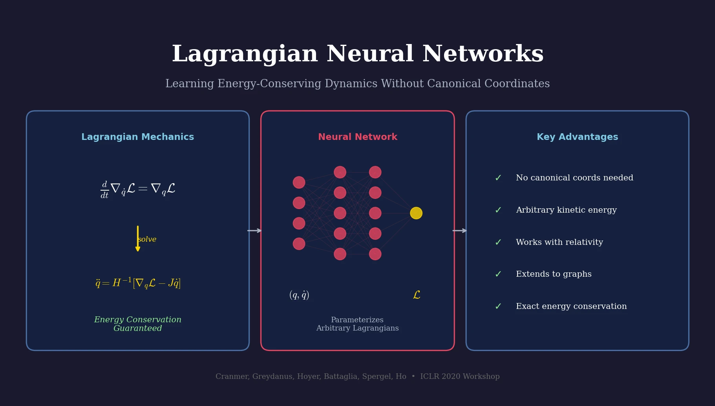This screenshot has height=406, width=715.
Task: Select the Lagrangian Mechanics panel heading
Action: coord(137,137)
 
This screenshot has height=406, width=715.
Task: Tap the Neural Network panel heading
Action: coord(357,137)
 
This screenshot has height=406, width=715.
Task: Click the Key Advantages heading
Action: coord(577,137)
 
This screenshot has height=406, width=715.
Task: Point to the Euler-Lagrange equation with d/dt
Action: coord(137,189)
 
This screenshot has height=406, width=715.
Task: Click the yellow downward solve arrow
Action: coord(137,238)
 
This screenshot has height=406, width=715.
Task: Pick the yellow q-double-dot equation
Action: coord(138,283)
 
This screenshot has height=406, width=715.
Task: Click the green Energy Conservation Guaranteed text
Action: coord(137,324)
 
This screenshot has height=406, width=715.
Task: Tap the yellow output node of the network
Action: coord(416,213)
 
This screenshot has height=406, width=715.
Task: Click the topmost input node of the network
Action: coord(299,182)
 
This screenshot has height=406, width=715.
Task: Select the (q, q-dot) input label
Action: coord(299,295)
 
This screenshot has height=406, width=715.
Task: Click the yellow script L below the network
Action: coord(417,295)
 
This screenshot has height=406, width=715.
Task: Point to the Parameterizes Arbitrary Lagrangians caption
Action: coord(357,324)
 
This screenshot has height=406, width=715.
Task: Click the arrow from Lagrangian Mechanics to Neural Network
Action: coord(254,231)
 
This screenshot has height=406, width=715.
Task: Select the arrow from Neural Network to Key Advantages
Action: coord(459,231)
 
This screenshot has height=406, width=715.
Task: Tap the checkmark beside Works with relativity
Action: coord(498,242)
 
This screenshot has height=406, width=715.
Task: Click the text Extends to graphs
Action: coord(554,274)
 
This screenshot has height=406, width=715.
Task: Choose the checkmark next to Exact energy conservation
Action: coord(498,307)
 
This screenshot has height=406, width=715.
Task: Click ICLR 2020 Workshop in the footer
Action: coord(460,377)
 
